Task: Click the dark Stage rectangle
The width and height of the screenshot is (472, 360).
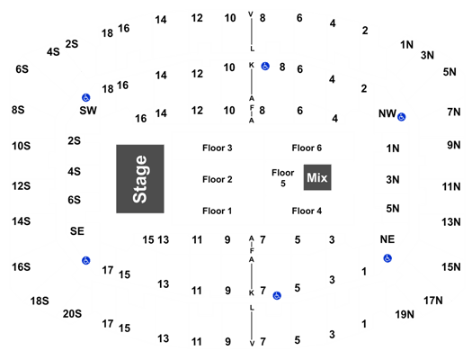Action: point(140,179)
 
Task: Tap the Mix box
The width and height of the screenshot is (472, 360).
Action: point(317,177)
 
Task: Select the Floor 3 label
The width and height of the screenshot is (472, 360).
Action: point(218,148)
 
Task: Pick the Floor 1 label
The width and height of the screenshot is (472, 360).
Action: point(218,211)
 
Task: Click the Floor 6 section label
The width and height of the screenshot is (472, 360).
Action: point(307,148)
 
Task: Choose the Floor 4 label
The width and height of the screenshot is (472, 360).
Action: point(307,211)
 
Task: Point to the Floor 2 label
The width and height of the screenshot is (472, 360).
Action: point(218,179)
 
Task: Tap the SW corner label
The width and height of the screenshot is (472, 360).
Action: point(88,111)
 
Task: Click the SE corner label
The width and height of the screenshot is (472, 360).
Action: point(77,231)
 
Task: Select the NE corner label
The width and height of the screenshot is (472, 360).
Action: point(387,239)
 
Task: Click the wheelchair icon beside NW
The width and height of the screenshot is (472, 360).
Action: point(401,117)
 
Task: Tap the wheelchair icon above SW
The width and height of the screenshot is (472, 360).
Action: point(85,97)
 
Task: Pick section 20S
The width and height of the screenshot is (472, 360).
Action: point(72,314)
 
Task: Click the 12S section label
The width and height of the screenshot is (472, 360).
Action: point(21,186)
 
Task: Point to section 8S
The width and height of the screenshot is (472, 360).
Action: point(18,110)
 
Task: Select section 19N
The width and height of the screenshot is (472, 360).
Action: point(405,314)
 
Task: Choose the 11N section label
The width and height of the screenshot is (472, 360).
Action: point(451,187)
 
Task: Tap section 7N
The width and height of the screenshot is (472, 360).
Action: point(454,112)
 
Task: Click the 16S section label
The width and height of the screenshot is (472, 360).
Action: point(21,267)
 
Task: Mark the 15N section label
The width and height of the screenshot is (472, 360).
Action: point(451,267)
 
